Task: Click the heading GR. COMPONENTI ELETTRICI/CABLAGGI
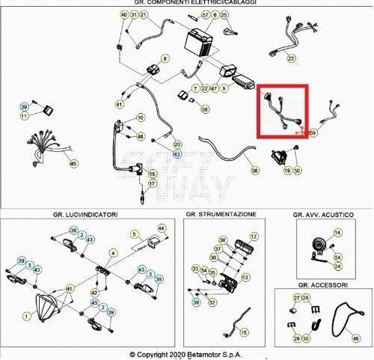[186, 4]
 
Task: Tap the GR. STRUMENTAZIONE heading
[221, 214]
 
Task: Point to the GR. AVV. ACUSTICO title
[325, 215]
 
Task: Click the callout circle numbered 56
[254, 171]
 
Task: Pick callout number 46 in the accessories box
[355, 338]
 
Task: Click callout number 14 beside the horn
[337, 233]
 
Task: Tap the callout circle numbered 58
[205, 109]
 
